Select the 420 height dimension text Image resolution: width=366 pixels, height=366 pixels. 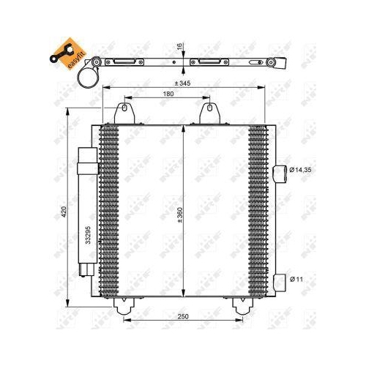tap(64, 212)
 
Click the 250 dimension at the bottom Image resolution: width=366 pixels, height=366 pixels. tap(183, 315)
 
